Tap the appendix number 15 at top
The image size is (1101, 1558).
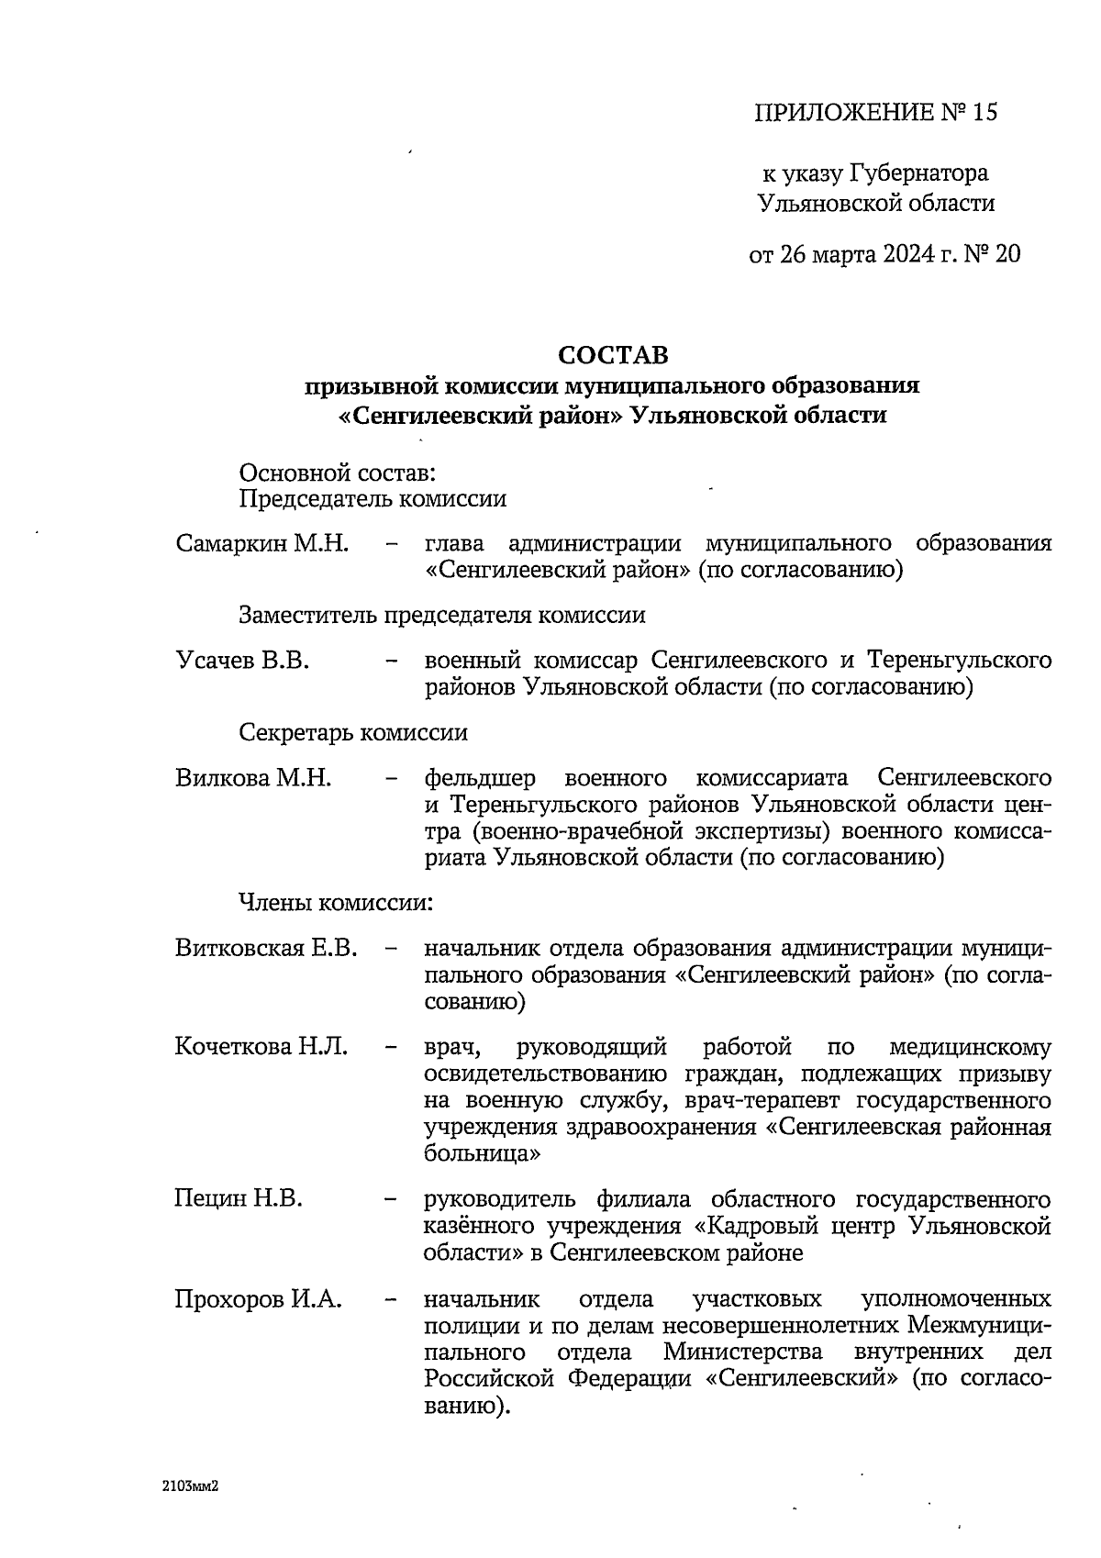[x=984, y=113]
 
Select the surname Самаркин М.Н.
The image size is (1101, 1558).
[x=261, y=543]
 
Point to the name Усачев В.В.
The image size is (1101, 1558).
[x=241, y=661]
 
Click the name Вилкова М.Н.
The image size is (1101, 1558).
[x=252, y=779]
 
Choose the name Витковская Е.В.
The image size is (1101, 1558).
[x=266, y=948]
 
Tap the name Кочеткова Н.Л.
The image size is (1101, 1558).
[x=261, y=1047]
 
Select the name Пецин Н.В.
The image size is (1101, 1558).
[x=238, y=1198]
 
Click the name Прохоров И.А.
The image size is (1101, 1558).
[x=258, y=1299]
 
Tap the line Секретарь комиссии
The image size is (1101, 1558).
[x=353, y=733]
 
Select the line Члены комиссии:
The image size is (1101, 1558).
[x=336, y=903]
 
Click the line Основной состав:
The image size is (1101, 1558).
[x=337, y=473]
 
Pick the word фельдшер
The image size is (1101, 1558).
[x=480, y=779]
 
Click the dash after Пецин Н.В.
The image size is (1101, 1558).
[x=392, y=1199]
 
